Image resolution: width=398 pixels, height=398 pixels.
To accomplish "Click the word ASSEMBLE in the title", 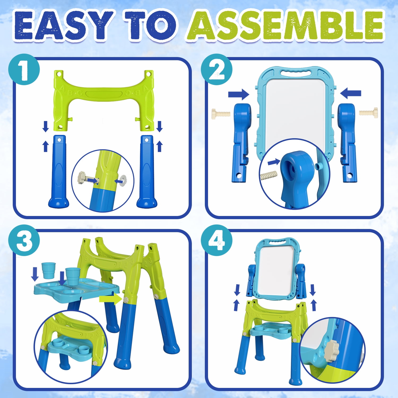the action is pos(285,25).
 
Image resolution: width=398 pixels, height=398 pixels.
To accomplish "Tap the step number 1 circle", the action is pos(24,69).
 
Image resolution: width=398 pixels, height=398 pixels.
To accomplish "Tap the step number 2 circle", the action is pos(217,69).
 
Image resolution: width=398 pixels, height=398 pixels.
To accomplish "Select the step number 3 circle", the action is pos(24,240).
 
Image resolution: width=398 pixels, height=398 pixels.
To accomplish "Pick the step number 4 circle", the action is pos(217,240).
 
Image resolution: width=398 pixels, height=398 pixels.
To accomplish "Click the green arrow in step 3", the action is pos(111,299).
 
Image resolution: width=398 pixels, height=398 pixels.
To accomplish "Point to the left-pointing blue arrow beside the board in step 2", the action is pos(351,93).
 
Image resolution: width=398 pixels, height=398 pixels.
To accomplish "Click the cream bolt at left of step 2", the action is pos(221,114).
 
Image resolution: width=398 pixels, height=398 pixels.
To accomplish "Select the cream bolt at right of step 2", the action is pos(368,113).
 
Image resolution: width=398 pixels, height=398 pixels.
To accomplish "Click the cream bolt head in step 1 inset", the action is pos(81,178).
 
